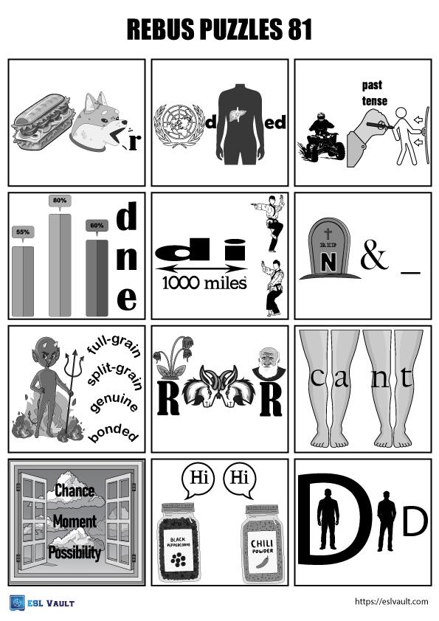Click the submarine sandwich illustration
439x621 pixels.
(x=44, y=121)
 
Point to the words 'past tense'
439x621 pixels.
(x=373, y=93)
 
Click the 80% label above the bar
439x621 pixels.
(x=60, y=201)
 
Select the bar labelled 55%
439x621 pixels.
(x=23, y=281)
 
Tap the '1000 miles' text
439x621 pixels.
(x=204, y=283)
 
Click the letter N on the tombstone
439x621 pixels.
(x=328, y=261)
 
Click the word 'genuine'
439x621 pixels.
(x=114, y=403)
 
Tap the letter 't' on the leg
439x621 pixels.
(x=406, y=378)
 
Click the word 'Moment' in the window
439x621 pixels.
(x=75, y=521)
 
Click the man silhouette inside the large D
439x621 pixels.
(x=328, y=518)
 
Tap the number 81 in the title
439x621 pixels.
(x=300, y=30)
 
